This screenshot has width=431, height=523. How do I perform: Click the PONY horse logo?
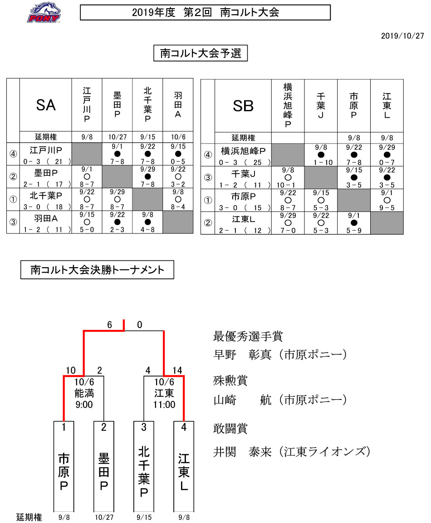[44, 13]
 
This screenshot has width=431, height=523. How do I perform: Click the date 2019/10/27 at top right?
[402, 36]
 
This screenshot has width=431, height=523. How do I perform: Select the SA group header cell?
[46, 105]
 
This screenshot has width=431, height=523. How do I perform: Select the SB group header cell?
[243, 106]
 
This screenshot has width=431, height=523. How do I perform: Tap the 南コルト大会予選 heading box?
[201, 53]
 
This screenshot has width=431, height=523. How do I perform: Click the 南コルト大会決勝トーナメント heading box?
[97, 269]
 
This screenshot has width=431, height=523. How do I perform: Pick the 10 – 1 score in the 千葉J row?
[288, 185]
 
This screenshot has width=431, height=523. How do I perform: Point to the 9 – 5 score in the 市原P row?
[387, 208]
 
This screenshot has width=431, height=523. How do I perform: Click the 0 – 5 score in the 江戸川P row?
[178, 162]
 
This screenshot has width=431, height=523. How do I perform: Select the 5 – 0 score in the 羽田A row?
[87, 230]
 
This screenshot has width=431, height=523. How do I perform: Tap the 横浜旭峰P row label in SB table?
[243, 151]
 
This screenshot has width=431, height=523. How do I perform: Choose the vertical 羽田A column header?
[178, 105]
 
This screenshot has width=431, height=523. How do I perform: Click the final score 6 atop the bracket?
[110, 324]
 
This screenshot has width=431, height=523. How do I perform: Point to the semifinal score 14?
[177, 370]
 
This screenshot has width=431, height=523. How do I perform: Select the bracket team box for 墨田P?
[103, 466]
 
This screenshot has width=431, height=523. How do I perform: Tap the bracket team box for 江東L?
[184, 466]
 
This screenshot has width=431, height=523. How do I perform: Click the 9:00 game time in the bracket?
[84, 404]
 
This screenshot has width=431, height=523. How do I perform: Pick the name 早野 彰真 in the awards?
[241, 354]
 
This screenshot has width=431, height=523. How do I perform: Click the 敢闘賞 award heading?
[230, 428]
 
